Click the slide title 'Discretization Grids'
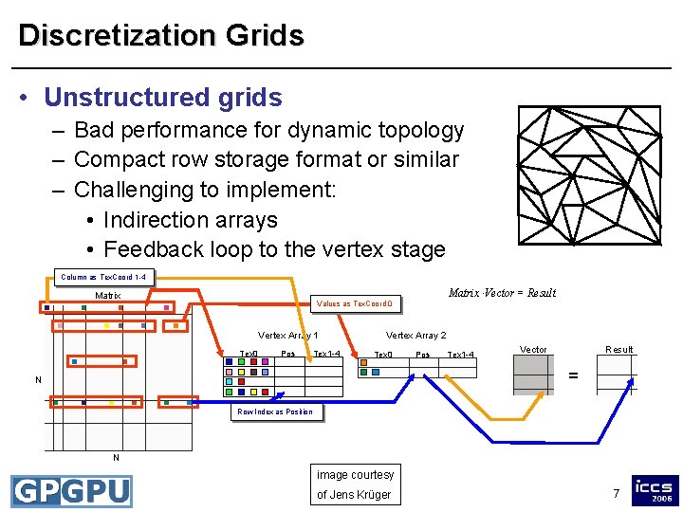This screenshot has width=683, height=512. coord(161,36)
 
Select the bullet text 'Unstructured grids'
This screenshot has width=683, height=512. coord(163,98)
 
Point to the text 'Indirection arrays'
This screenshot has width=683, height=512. coord(191,220)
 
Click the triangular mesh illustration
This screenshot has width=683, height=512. coord(588,174)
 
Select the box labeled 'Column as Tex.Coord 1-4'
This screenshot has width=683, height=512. coord(103,278)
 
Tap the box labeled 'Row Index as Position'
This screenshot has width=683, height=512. coord(275,411)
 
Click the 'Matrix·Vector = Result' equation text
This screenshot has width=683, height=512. coord(502,293)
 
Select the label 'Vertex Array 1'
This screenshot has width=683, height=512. coord(288,335)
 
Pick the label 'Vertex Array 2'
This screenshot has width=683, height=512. coord(415,335)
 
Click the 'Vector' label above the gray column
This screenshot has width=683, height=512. coord(533,350)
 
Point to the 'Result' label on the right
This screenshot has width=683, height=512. coord(619,350)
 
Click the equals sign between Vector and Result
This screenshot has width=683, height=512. coord(573,375)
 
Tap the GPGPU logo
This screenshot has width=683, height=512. coord(71,491)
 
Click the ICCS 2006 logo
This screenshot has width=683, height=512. coord(655,490)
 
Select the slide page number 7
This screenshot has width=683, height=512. coord(616,493)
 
